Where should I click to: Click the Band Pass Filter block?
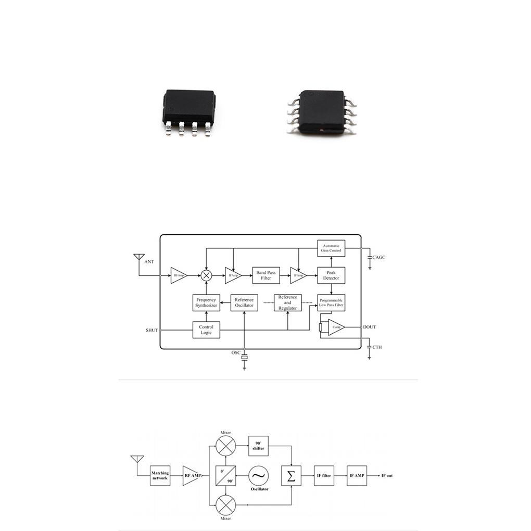266,275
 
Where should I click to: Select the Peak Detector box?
331,275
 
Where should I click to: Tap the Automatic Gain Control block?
331,248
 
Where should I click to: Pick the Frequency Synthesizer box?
206,302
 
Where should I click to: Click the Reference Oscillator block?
244,302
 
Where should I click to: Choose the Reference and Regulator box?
287,302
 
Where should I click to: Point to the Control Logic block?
206,330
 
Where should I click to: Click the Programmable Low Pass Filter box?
331,302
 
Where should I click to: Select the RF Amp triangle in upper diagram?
178,275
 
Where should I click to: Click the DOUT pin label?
370,327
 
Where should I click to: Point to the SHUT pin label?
151,330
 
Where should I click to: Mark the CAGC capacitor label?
379,257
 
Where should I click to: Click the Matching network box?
160,475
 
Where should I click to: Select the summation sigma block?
292,475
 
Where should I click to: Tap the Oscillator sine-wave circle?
259,475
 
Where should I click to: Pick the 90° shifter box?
259,446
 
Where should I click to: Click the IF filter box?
324,475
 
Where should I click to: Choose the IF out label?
390,475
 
